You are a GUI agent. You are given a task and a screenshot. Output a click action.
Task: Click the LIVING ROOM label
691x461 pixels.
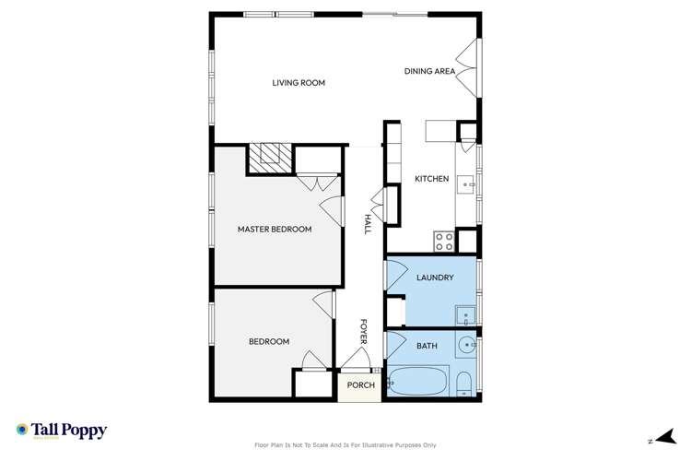coord(299,83)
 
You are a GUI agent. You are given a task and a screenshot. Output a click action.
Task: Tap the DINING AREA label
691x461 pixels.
coord(429,71)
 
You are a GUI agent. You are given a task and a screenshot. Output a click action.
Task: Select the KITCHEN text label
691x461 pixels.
coord(431,179)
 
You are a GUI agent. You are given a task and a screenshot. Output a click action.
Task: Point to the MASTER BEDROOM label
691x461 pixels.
coord(275,230)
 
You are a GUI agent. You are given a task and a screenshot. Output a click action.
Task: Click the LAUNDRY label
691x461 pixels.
coord(434,278)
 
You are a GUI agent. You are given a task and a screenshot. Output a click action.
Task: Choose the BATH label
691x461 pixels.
coord(427,346)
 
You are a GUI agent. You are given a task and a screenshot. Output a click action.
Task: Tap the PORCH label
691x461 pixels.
coord(361,385)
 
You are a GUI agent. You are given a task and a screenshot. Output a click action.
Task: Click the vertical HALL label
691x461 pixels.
coord(367,223)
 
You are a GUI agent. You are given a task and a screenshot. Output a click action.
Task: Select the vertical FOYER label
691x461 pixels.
coord(364,332)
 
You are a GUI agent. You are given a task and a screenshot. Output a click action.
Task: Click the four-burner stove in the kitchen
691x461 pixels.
coord(443,242)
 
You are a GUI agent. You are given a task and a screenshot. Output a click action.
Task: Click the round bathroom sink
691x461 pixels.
coord(468,347)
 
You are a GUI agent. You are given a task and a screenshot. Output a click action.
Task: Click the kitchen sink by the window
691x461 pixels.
coord(468,183)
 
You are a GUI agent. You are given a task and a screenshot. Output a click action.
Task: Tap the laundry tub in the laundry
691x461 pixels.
coord(466,314)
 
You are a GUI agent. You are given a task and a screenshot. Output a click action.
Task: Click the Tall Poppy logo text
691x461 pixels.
coord(69,431)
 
